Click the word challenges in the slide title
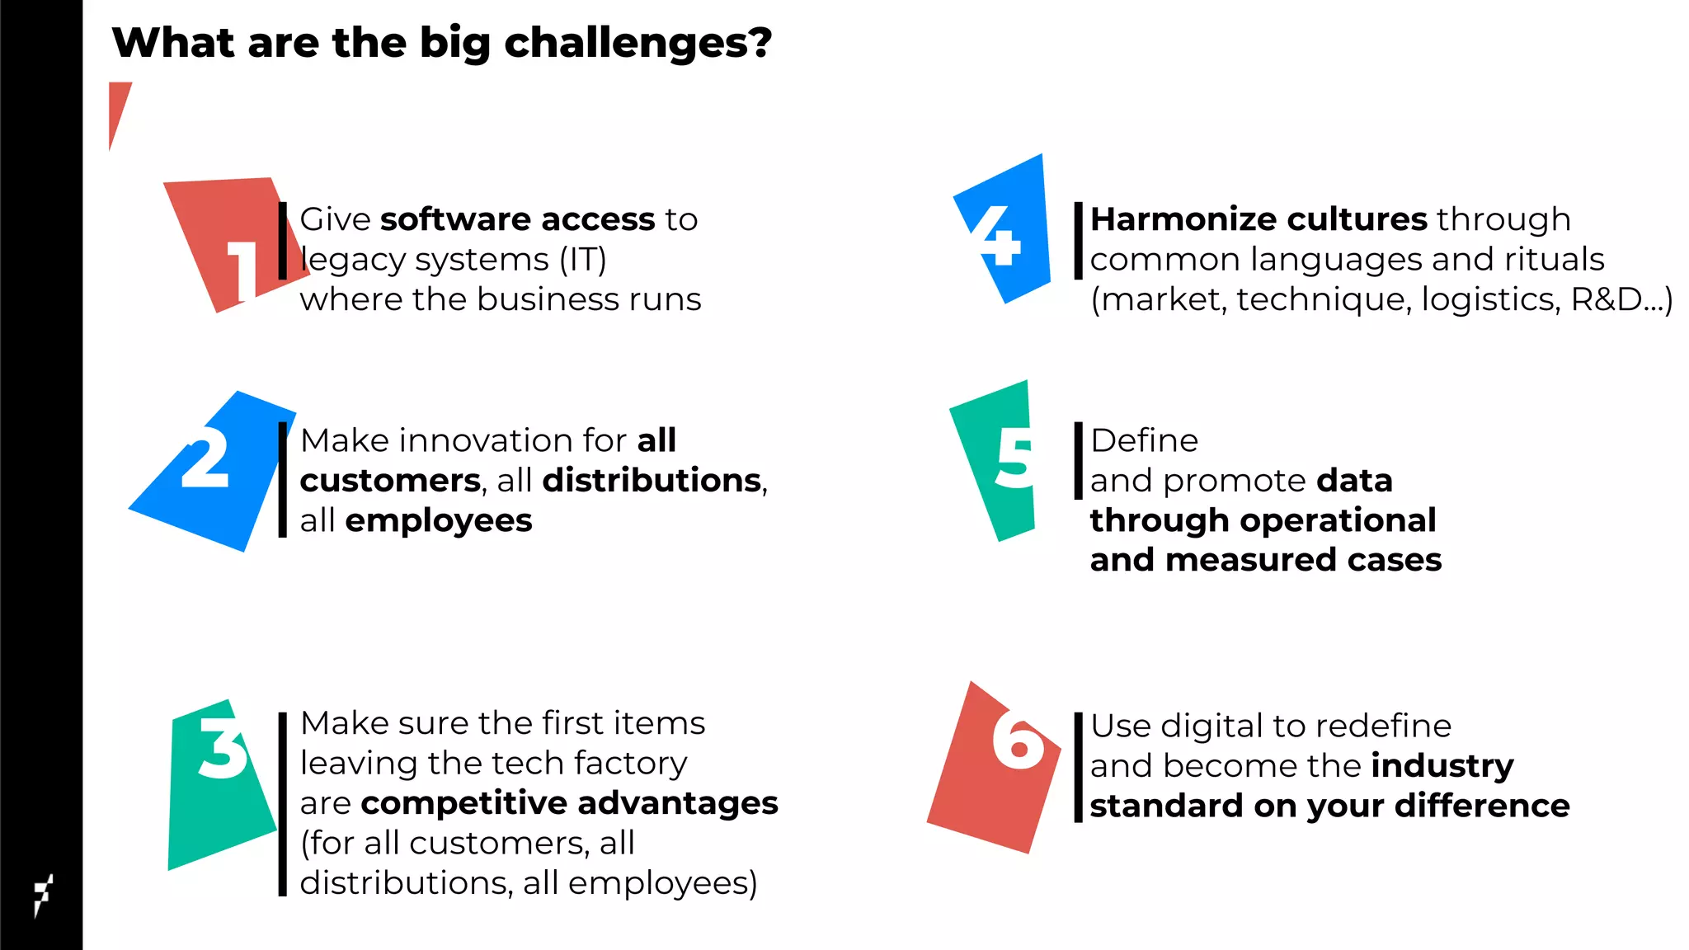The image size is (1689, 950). point(638,43)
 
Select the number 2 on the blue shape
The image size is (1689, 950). point(205,459)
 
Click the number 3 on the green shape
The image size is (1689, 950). point(222,746)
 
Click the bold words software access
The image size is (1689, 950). point(517,219)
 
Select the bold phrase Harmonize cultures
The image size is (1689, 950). point(1259,219)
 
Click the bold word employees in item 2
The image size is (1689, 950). point(438,521)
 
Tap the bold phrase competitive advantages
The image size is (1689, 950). point(569,803)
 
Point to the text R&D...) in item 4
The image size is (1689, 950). point(1621,299)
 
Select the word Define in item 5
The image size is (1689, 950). point(1144,440)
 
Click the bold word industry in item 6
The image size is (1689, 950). point(1442,766)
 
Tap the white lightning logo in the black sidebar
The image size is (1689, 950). point(43,894)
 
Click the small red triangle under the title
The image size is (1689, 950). point(118,107)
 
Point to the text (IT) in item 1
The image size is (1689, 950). point(583,260)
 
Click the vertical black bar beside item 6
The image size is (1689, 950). point(1078,767)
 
